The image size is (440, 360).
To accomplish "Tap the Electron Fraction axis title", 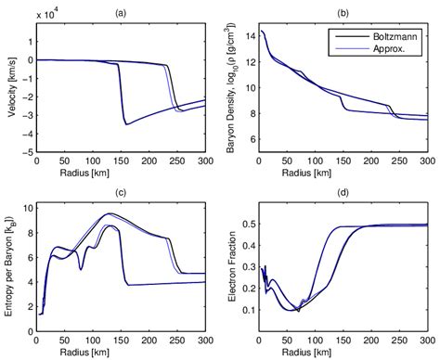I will coord(235,271).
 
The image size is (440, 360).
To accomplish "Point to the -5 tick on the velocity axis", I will coord(29,150).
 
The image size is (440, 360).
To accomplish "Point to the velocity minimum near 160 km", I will coord(127,124).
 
